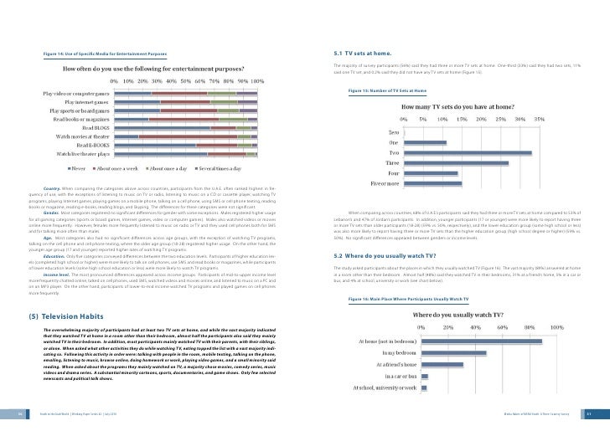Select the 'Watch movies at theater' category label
pos(85,135)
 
